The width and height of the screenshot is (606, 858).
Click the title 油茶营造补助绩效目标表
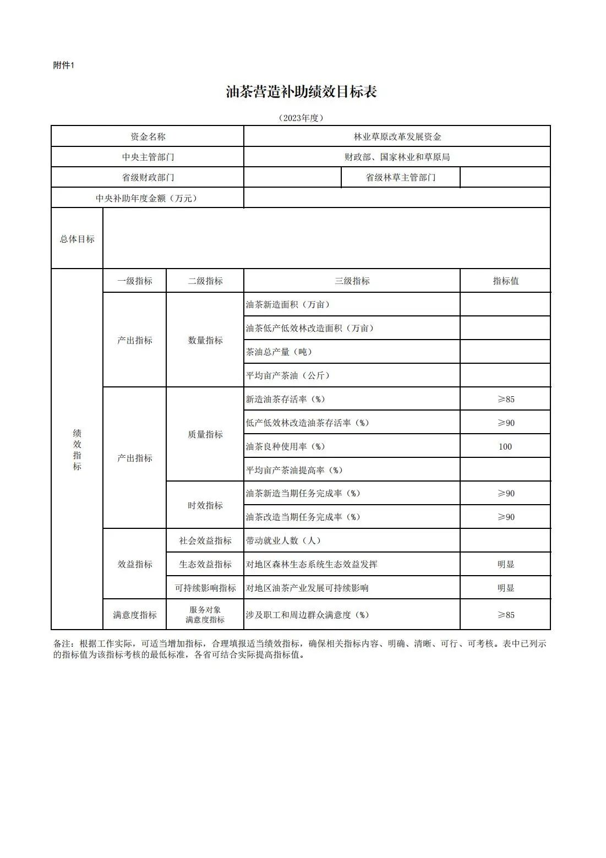click(301, 92)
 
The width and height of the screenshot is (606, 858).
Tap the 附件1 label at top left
click(63, 65)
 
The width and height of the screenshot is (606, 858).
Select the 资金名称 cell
click(148, 136)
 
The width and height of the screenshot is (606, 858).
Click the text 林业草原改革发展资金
click(397, 136)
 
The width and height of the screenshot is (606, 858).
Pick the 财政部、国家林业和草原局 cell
click(397, 157)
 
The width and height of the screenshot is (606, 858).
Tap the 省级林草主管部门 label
click(400, 177)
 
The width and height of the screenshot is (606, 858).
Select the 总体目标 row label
click(77, 239)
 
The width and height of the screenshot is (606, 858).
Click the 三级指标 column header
click(352, 281)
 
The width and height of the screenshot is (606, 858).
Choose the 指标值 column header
click(505, 281)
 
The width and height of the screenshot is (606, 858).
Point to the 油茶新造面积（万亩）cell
click(288, 304)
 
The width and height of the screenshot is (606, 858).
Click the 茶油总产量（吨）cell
click(279, 352)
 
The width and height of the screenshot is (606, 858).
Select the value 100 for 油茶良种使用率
click(505, 446)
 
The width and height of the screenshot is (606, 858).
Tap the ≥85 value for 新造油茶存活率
click(505, 399)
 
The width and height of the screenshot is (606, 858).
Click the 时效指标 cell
click(205, 505)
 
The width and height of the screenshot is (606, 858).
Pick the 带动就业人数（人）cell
click(283, 540)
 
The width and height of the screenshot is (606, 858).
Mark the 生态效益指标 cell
click(205, 564)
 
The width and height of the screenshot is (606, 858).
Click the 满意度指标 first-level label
click(135, 615)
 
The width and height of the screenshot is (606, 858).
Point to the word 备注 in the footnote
click(62, 643)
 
